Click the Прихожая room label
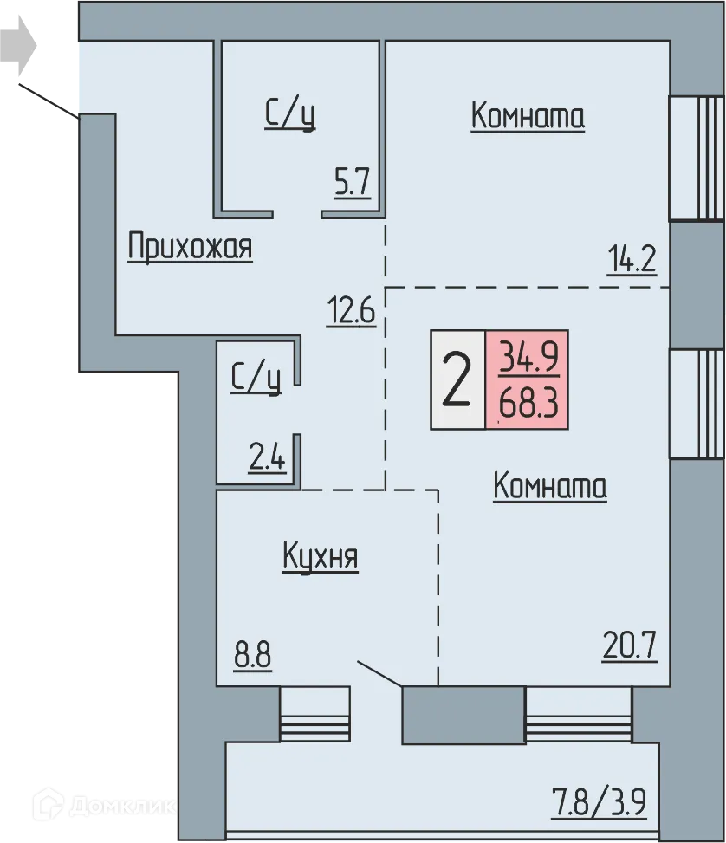[190, 247]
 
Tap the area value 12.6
[350, 309]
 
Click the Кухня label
[320, 557]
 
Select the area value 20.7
[630, 645]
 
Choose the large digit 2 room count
[457, 380]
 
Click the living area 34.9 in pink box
[527, 355]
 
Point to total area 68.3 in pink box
[527, 403]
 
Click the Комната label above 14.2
[528, 116]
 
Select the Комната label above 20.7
[549, 486]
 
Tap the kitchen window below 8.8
[314, 715]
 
